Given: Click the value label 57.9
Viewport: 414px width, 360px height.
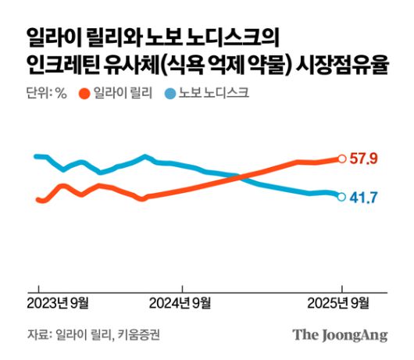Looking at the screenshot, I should tap(364, 159).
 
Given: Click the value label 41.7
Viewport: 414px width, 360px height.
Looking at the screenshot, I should tap(363, 197).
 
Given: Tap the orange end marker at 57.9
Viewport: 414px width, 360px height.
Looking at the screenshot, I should tap(341, 159).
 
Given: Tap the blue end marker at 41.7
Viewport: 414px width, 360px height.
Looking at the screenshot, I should tap(341, 197).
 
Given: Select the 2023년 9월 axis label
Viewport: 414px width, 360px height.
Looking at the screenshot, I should tap(59, 303).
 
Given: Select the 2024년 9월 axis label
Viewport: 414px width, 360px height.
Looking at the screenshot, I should tap(180, 303).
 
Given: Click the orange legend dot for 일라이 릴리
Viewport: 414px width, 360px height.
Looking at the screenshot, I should tap(83, 95).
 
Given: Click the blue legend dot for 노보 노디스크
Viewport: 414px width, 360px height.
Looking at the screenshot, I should tap(171, 95).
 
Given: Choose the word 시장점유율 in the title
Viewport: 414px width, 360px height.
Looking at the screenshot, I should tap(344, 66).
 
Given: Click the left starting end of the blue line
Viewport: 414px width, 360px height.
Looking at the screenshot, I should tap(36, 156).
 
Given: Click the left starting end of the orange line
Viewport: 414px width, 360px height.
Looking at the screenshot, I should tap(37, 200).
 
